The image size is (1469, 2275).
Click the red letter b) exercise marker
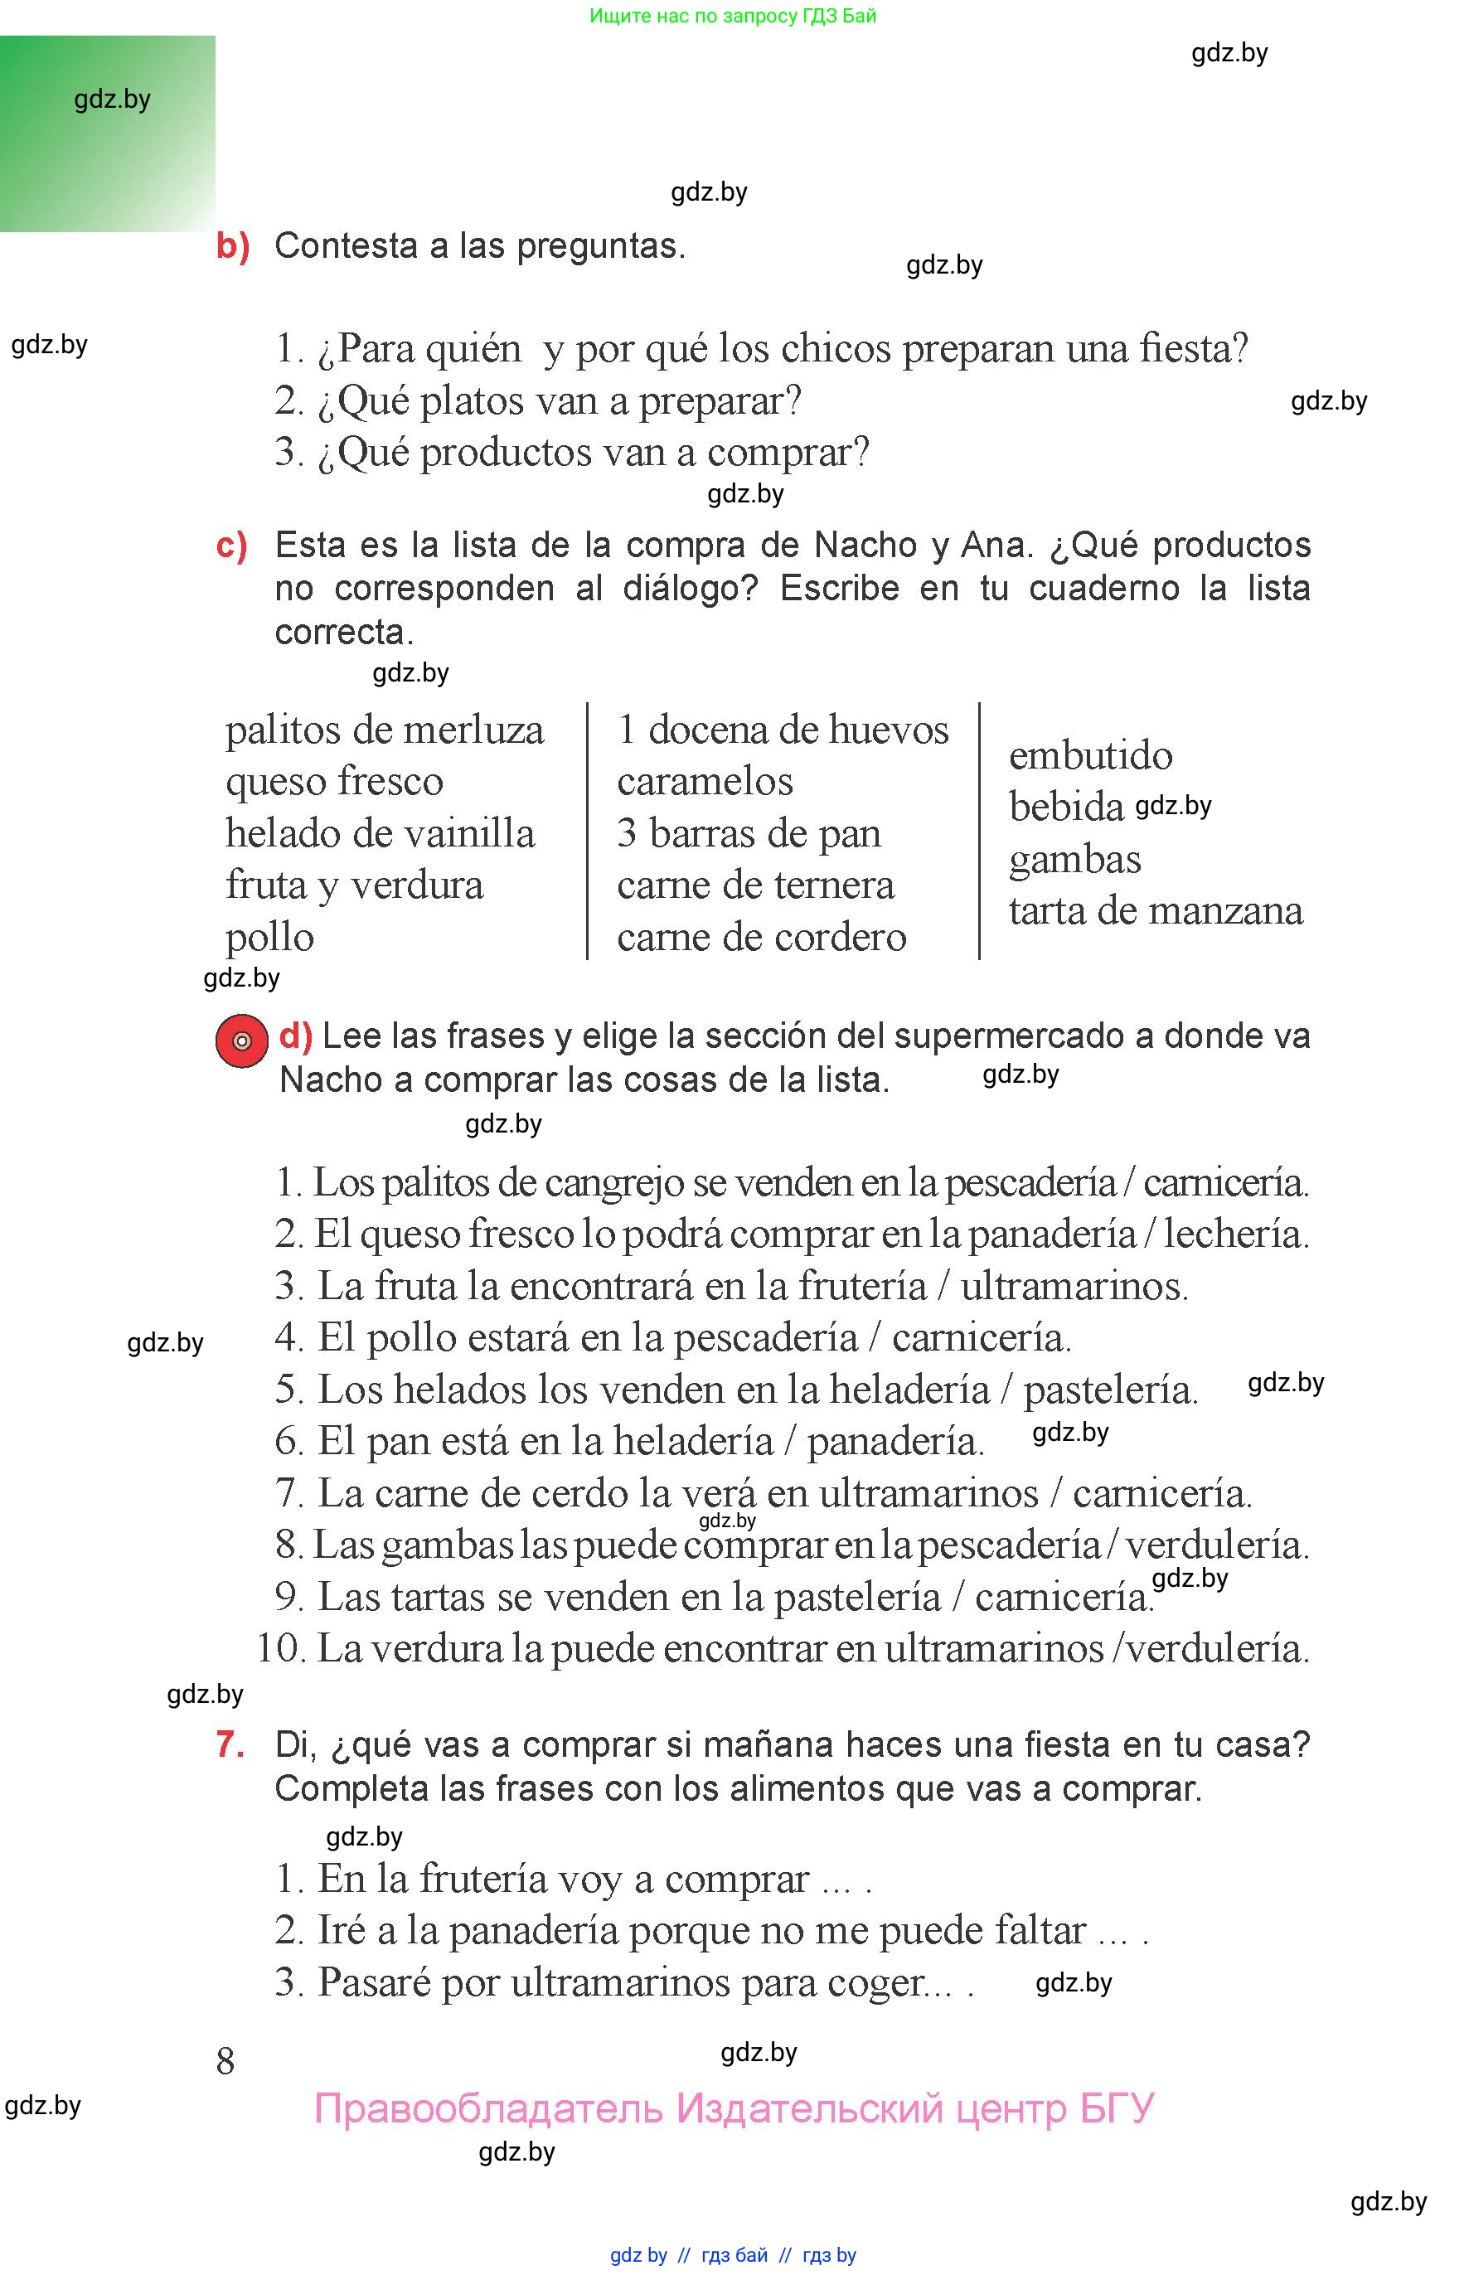(232, 246)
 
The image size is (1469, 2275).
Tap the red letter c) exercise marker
(230, 546)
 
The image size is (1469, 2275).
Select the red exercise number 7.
(230, 1744)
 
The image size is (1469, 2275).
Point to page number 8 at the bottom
(225, 2061)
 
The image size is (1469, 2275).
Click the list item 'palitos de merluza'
(385, 730)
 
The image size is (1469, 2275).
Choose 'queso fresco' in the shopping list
(334, 782)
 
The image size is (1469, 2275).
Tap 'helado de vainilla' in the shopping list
(380, 834)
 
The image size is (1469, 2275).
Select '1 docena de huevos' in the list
(783, 730)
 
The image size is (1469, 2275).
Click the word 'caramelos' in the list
(704, 782)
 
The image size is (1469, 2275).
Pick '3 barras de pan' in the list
(748, 834)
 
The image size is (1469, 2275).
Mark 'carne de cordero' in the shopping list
(760, 938)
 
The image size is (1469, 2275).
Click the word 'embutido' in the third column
(1090, 756)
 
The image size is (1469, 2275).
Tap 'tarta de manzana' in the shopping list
(1155, 911)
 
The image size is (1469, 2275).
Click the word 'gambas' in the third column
(1074, 861)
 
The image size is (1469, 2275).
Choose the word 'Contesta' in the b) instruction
(346, 246)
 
